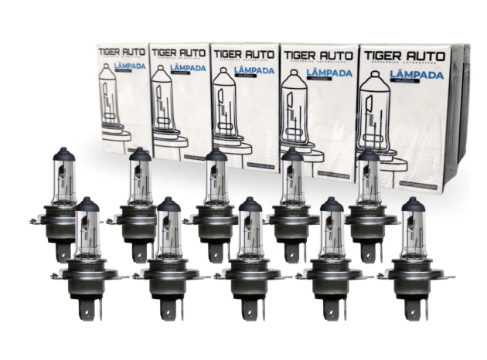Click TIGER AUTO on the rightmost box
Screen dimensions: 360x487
404,56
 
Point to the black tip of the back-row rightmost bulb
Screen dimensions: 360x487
369,155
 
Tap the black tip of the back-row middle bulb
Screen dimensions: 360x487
216,155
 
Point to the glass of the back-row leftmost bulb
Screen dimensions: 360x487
63,182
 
